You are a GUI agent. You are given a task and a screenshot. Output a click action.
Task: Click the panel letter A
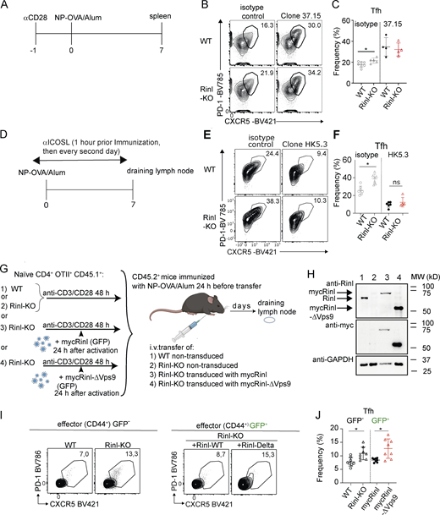coord(6,9)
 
